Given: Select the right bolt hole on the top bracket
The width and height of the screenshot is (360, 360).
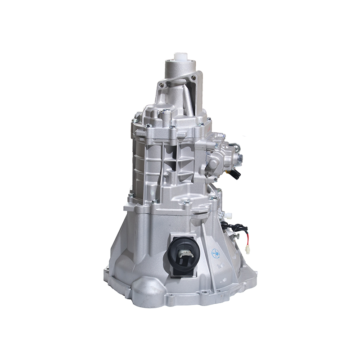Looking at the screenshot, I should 193,79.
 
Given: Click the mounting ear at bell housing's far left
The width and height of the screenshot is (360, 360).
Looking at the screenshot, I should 107,272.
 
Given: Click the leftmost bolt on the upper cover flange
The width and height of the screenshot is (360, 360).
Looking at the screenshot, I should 134,121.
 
